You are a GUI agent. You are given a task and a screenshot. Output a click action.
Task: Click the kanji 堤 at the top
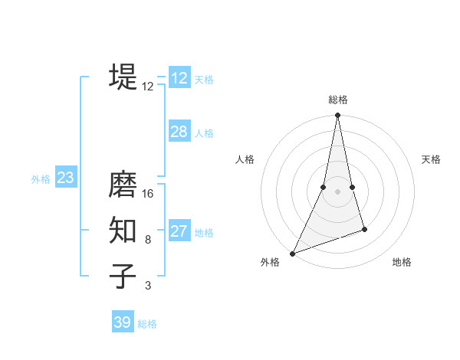pos(123,77)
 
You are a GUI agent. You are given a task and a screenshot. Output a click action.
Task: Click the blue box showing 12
pos(179,78)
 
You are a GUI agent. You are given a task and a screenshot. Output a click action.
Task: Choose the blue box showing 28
pos(179,132)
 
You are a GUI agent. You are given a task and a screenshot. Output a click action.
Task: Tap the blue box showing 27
pos(179,231)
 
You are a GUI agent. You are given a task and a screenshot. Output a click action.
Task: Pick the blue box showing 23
pos(65,178)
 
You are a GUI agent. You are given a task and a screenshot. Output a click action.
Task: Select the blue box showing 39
pos(123,322)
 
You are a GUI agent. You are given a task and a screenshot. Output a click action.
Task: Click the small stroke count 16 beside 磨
pos(148,194)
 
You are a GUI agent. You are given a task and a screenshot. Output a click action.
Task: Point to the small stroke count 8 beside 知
pos(148,240)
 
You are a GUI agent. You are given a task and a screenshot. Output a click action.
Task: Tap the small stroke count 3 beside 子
pos(148,286)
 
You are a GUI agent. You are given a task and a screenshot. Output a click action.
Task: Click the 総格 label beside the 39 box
pos(147,324)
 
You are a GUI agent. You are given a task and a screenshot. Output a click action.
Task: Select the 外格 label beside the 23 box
pos(41,179)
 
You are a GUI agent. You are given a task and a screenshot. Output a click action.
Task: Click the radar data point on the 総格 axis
pos(337,116)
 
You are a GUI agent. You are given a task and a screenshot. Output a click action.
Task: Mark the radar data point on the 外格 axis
pos(293,253)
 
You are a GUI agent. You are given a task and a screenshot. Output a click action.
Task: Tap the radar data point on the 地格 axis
pos(364,229)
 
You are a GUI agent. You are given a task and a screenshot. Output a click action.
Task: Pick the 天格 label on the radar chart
pos(431,159)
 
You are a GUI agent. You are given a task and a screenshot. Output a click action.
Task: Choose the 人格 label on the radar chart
pos(245,159)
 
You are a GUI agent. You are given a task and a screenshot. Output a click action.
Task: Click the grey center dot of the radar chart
pos(337,191)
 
